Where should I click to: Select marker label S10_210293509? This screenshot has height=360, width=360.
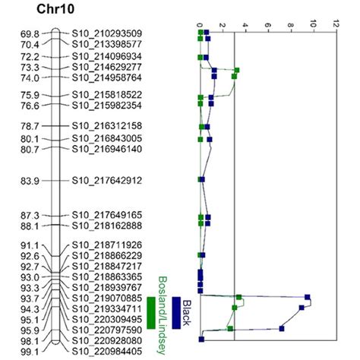click(106, 33)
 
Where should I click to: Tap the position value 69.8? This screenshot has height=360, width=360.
click(30, 33)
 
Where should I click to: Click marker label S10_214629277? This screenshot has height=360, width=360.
click(106, 67)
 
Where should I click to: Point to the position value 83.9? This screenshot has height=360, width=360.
click(30, 180)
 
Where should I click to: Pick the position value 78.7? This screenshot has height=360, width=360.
click(30, 125)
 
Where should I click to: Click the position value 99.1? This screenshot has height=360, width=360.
click(30, 352)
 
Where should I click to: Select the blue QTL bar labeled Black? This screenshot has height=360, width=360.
click(176, 313)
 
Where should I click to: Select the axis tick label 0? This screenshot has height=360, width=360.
click(199, 24)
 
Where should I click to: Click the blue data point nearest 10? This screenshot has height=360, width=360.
click(308, 297)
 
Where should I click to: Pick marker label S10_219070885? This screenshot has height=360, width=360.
click(106, 299)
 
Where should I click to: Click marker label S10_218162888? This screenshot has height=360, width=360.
click(106, 226)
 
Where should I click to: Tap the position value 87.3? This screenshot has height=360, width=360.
click(30, 215)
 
